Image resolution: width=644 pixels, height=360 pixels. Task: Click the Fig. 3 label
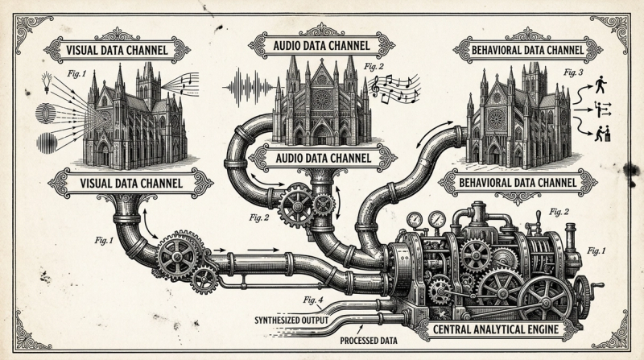(574, 72)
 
